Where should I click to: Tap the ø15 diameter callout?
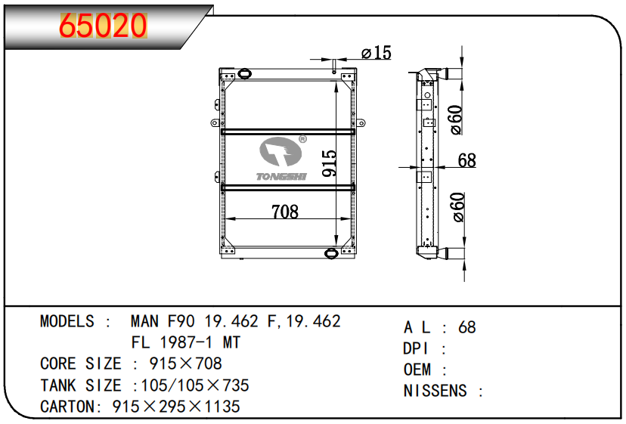pyautogui.click(x=376, y=53)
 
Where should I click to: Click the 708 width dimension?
pyautogui.click(x=285, y=212)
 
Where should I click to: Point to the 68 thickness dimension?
pyautogui.click(x=466, y=160)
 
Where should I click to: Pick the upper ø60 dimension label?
pyautogui.click(x=456, y=119)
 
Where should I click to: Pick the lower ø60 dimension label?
pyautogui.click(x=456, y=207)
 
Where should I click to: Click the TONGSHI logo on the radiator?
pyautogui.click(x=281, y=159)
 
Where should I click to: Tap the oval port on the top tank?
pyautogui.click(x=244, y=73)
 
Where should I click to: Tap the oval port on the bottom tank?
pyautogui.click(x=331, y=253)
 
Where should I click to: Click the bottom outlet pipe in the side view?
pyautogui.click(x=454, y=255)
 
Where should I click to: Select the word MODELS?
pyautogui.click(x=67, y=321)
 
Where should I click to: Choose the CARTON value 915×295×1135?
pyautogui.click(x=175, y=407)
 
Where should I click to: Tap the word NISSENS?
pyautogui.click(x=436, y=391)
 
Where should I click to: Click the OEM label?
pyautogui.click(x=417, y=370)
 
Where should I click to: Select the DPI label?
pyautogui.click(x=417, y=348)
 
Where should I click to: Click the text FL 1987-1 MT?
pyautogui.click(x=186, y=342)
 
